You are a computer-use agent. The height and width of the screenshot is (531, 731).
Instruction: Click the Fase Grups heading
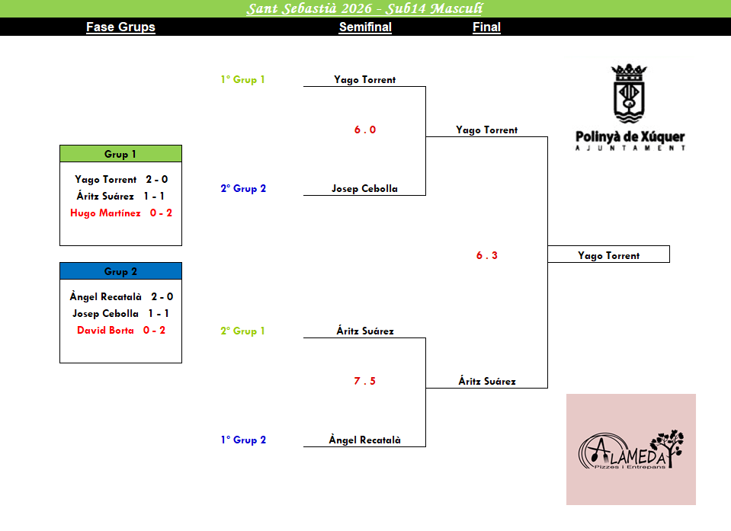(120, 27)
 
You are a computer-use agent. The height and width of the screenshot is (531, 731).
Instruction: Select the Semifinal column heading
(365, 27)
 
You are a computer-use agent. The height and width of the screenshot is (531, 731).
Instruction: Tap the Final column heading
(486, 27)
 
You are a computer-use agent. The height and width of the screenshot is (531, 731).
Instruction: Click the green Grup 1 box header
(120, 154)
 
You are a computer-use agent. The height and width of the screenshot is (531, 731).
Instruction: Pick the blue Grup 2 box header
(120, 271)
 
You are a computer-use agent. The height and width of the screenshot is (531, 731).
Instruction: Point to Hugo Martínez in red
(106, 213)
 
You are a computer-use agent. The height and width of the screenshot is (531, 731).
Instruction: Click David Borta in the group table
(106, 331)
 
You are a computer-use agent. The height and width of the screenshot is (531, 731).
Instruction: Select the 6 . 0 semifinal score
(365, 130)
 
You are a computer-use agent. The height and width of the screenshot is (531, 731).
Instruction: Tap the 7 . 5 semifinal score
(365, 382)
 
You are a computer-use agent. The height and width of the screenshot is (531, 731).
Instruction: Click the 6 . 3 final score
(487, 256)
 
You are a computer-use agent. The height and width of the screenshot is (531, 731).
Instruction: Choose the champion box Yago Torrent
(608, 256)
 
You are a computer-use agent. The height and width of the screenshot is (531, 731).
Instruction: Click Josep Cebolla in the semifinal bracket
(365, 189)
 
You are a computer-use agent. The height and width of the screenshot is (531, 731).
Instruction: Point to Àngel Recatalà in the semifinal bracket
(365, 440)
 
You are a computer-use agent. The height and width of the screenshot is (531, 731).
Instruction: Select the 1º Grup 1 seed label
(242, 80)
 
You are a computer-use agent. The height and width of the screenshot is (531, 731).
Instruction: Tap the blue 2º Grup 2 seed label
(243, 189)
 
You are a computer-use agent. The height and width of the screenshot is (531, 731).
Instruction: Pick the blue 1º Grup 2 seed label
(243, 440)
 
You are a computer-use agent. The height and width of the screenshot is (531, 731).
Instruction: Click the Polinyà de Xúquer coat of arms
(630, 94)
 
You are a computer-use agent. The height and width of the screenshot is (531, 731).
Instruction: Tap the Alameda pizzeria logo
(630, 449)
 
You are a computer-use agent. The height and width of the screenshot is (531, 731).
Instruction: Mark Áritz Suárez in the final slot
(487, 382)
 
